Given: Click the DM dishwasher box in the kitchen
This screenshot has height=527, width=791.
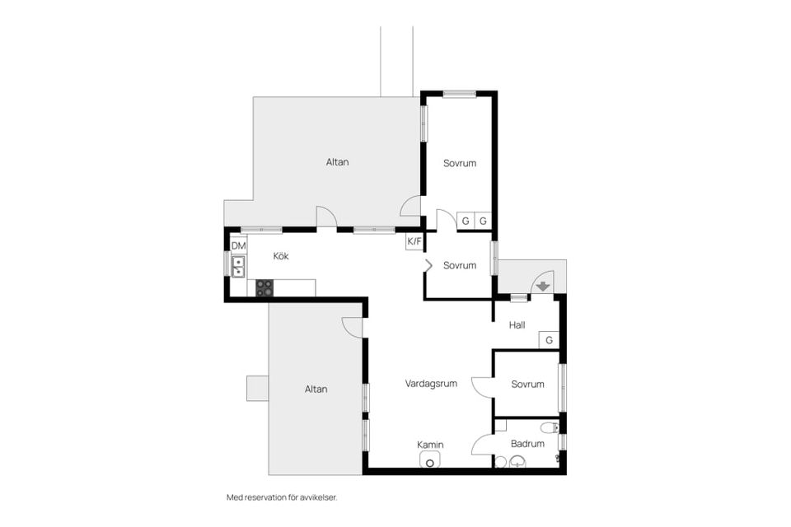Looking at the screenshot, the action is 239,245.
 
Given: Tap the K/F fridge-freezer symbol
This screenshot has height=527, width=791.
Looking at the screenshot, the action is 414,241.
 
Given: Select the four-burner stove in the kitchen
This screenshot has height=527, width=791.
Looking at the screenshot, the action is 264,288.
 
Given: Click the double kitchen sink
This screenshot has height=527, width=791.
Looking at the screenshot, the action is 238,266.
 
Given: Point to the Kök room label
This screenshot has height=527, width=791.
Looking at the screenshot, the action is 281,256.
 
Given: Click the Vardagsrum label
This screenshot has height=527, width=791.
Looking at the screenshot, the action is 431,384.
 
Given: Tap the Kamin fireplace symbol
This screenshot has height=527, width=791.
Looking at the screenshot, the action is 430,460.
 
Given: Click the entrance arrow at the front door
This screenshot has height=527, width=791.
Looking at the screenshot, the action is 543,287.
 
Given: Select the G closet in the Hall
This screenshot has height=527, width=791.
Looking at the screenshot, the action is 550,340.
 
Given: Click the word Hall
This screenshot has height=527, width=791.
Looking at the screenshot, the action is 517,325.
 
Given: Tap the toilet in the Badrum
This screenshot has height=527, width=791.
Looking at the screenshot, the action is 550,429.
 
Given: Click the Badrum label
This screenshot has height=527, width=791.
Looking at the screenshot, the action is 527,444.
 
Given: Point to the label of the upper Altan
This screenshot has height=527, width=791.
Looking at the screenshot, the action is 338,162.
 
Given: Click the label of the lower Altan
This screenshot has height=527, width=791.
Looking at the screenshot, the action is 316,389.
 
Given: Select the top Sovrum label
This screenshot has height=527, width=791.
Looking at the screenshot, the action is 460,163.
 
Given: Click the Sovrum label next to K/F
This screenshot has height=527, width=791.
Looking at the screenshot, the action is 460,265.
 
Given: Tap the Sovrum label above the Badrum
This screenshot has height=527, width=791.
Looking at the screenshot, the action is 527,385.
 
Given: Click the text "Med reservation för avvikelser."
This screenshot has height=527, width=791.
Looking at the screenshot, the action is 282,497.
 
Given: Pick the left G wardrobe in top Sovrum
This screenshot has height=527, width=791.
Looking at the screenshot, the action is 466,221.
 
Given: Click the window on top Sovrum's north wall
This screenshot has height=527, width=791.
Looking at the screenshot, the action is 460,94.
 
